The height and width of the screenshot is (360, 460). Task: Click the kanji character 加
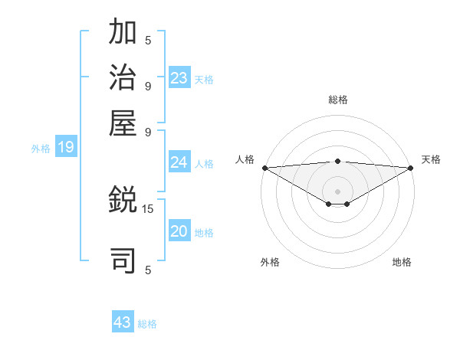[123, 34]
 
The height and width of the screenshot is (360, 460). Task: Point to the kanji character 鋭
[123, 200]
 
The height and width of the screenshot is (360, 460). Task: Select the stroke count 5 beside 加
[148, 41]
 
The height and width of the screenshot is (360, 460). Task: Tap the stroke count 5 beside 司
[148, 270]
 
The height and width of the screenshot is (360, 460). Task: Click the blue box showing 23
[179, 78]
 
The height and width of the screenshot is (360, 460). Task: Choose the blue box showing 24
[179, 162]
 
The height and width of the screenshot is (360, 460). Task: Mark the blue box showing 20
[179, 232]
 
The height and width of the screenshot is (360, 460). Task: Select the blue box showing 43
[123, 322]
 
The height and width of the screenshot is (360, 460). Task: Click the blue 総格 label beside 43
[147, 324]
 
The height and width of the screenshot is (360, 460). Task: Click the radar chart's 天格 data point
[411, 168]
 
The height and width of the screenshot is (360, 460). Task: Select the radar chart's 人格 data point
[264, 168]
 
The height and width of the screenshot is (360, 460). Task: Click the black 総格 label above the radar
[338, 100]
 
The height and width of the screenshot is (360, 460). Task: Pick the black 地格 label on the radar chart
[402, 262]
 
